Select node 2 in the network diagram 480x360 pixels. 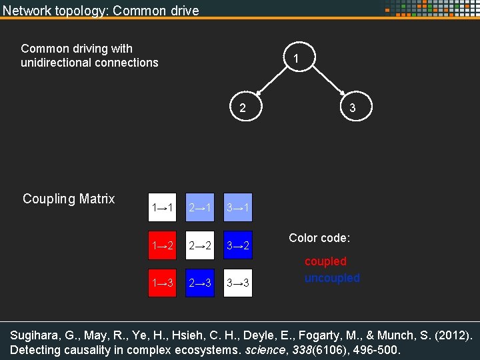pos(243,108)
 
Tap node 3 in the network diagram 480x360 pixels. pos(352,108)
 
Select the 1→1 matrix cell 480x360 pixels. pos(163,208)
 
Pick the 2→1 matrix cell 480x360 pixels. pos(201,208)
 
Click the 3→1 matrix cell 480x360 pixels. pos(239,208)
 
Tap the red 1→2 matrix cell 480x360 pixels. pos(163,246)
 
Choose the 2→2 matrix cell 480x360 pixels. pos(201,246)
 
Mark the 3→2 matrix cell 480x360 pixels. pos(239,246)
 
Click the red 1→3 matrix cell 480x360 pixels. pos(163,283)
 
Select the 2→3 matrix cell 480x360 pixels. pos(201,283)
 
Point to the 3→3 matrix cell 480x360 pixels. pos(239,283)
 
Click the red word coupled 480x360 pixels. pos(325,261)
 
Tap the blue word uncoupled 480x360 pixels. pos(332,278)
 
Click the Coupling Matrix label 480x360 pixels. pos(69,199)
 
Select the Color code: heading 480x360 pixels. pos(319,238)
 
